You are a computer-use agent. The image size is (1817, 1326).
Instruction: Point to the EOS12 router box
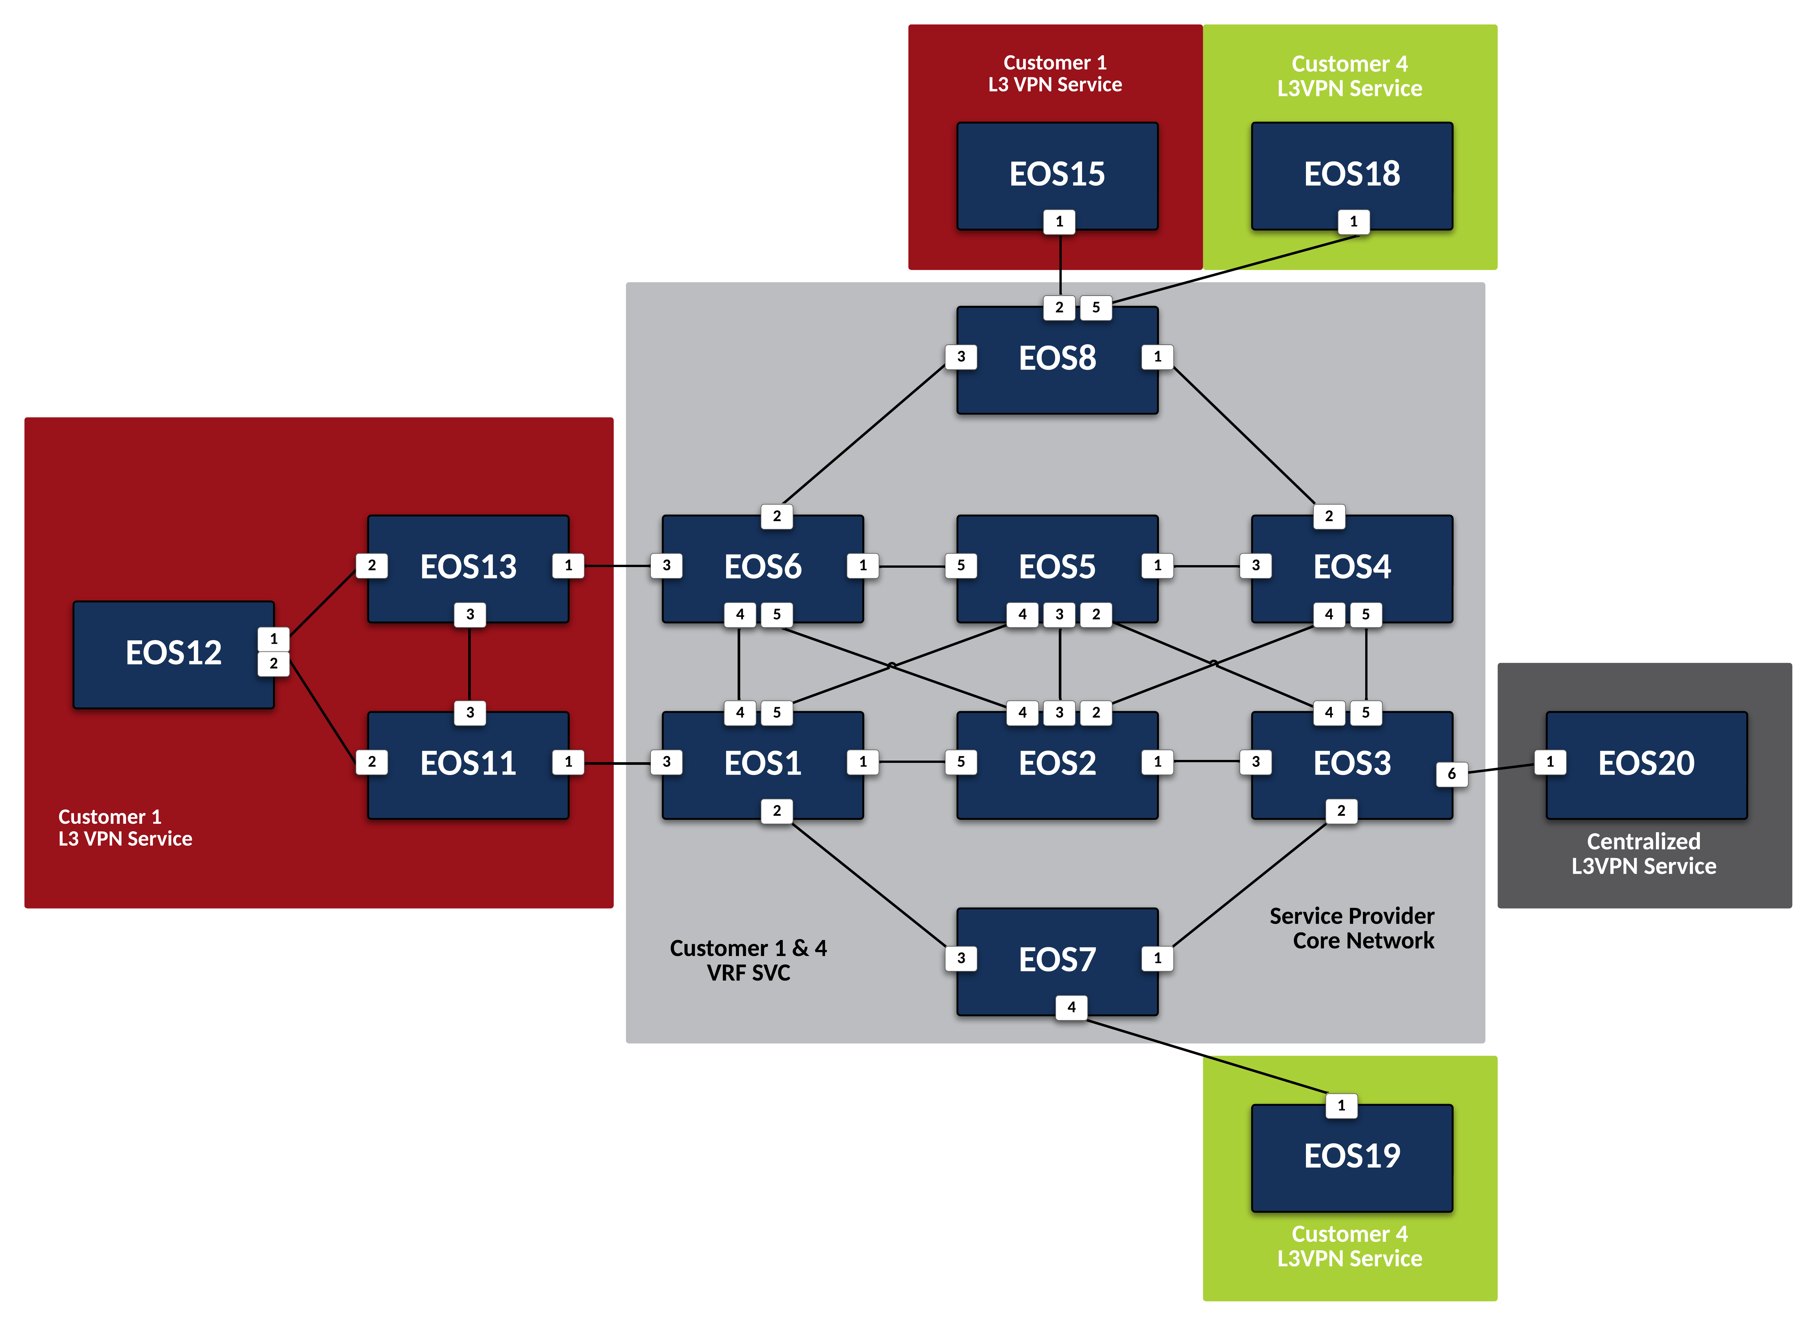point(174,654)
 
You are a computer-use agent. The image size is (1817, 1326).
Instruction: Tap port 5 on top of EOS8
point(1095,307)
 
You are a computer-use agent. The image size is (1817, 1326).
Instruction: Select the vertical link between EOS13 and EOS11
point(469,663)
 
